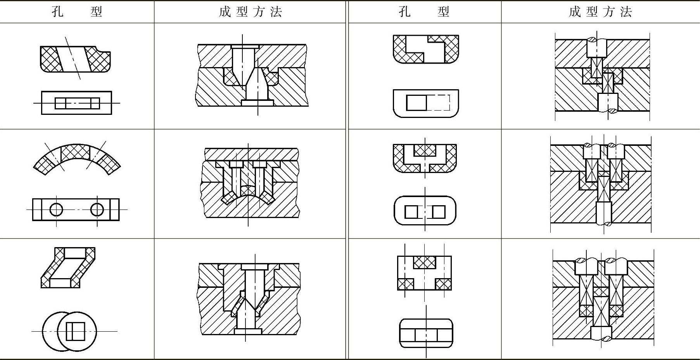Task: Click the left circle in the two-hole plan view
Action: (56, 209)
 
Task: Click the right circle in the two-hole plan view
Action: (97, 209)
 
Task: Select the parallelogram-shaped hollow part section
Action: (68, 268)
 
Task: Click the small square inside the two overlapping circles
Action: (75, 331)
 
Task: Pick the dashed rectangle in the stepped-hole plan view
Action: (438, 103)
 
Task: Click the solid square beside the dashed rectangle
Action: (416, 103)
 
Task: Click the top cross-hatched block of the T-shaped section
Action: (425, 262)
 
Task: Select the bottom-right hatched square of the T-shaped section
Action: (444, 284)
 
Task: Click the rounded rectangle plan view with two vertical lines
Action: (426, 334)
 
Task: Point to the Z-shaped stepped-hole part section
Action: (426, 49)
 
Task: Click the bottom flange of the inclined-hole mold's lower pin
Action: (258, 102)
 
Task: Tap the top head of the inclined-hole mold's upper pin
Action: (245, 47)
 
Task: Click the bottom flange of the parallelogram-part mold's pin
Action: (248, 332)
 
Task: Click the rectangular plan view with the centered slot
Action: (76, 103)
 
